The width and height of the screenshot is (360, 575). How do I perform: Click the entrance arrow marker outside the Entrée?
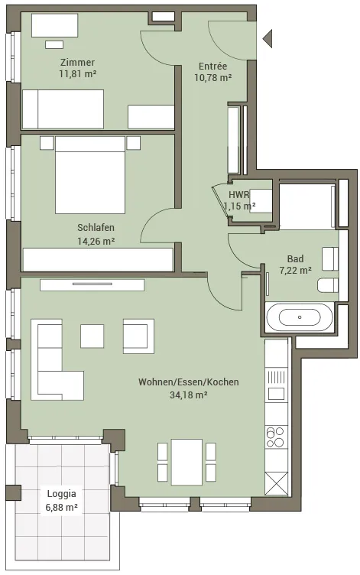coord(268,37)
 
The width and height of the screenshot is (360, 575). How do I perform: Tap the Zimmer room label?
coord(77,63)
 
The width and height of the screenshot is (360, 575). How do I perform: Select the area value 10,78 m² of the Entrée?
coord(212,77)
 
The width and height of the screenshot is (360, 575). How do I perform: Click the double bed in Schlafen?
coord(90,175)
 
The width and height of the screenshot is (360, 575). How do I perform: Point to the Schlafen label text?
coord(96,227)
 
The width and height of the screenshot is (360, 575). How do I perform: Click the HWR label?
coord(239,194)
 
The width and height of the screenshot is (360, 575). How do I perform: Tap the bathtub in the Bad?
coord(300,317)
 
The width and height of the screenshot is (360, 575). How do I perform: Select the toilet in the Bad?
coord(328,286)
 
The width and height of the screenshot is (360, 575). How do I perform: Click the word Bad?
coord(295,259)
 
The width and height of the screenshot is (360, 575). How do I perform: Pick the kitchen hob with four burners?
coord(276,437)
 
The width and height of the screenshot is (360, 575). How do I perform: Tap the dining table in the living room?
coord(187,462)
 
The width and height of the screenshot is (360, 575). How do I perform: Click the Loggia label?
coord(62,494)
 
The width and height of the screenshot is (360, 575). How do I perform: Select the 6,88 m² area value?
coord(62,508)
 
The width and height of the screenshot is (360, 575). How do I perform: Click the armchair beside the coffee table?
coord(138,336)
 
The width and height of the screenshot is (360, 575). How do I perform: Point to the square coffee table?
coord(92,336)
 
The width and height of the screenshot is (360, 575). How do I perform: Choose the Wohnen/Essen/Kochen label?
coord(189,382)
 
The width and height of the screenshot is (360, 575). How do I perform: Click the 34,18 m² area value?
coord(189,395)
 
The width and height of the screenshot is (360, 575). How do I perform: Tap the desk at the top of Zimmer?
coord(54,25)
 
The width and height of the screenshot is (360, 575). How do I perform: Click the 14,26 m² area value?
coord(96,241)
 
